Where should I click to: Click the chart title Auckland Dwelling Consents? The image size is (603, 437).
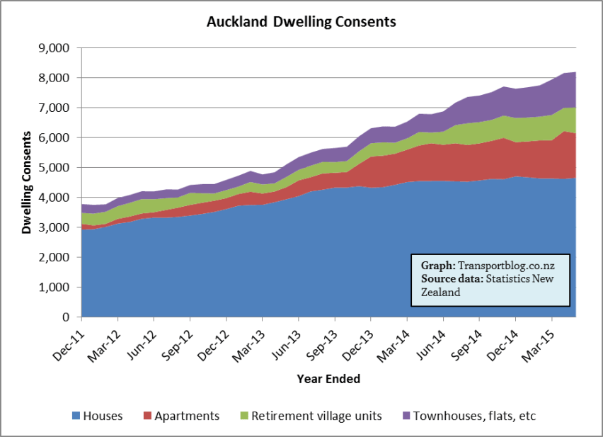point(301,22)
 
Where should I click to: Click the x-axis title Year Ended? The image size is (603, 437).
point(328,379)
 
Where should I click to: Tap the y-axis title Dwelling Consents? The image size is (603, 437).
point(27,182)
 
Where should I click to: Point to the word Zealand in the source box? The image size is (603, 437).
point(441,292)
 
